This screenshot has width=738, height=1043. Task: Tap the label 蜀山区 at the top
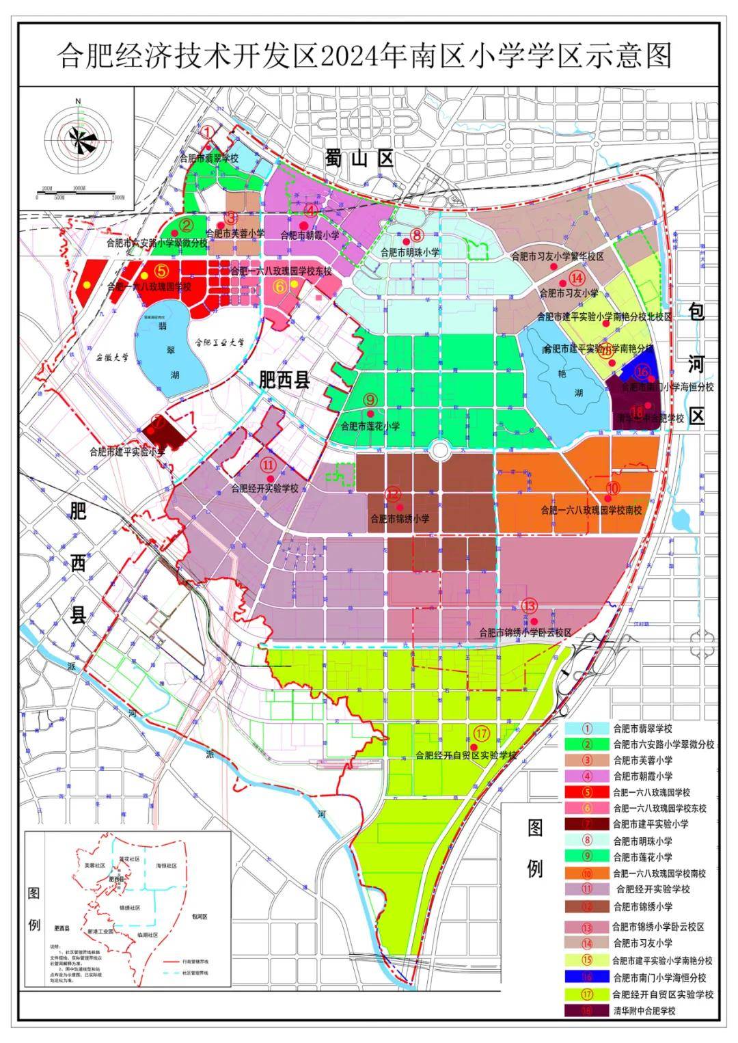[359, 159]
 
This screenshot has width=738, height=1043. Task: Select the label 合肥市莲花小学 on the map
[370, 426]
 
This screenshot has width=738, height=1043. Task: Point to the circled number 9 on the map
[370, 399]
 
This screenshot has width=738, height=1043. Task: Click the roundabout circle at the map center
[439, 450]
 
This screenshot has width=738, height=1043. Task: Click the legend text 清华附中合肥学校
[644, 1010]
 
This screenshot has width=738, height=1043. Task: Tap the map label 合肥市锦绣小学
[400, 519]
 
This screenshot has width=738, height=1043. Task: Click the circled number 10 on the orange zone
[612, 488]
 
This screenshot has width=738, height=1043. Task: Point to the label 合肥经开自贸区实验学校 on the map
[466, 756]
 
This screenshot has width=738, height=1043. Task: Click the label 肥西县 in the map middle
[284, 381]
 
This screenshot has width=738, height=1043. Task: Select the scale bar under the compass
[79, 193]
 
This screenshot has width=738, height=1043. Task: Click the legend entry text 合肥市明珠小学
[642, 841]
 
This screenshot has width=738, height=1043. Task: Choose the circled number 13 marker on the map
[530, 606]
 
